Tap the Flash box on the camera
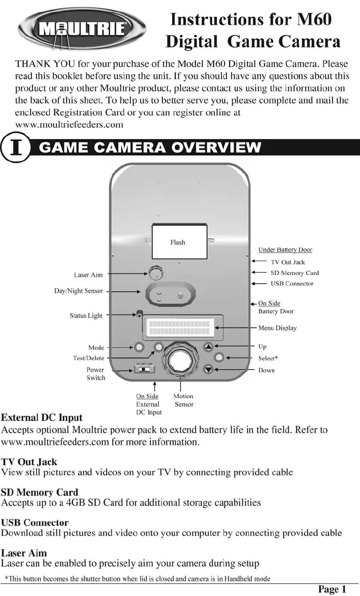(x=179, y=242)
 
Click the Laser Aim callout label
(x=88, y=275)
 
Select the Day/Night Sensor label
(x=78, y=291)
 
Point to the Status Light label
(x=86, y=316)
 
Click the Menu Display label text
(x=278, y=328)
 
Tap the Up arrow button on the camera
(x=209, y=347)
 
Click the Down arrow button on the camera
(x=209, y=370)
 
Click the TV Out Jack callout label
(x=288, y=262)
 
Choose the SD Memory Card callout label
(x=295, y=273)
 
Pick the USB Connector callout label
(x=292, y=284)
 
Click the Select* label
(x=268, y=358)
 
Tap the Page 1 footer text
(x=332, y=589)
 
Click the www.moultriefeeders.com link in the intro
(x=69, y=124)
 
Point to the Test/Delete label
(x=88, y=358)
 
